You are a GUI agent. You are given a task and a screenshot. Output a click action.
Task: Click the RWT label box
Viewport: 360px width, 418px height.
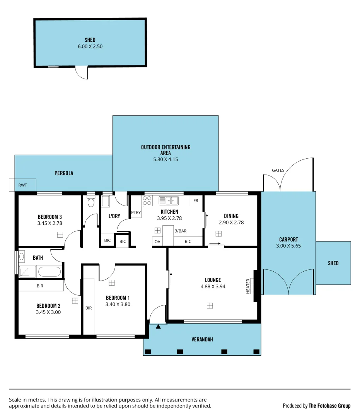click(x=22, y=185)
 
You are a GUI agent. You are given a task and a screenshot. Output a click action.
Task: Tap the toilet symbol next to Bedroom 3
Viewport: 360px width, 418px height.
click(x=91, y=202)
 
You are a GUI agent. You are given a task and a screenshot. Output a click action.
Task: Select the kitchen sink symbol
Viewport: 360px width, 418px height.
click(x=168, y=200)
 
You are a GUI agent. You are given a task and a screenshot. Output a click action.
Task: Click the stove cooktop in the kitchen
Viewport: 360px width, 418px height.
click(x=147, y=200)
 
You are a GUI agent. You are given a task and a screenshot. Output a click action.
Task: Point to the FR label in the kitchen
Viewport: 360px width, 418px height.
click(x=196, y=201)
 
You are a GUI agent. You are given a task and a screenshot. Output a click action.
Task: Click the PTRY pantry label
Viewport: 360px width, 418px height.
click(x=136, y=212)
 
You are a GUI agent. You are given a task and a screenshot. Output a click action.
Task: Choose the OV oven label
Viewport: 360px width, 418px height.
click(x=157, y=242)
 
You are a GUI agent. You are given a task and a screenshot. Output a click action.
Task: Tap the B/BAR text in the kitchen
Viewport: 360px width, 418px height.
click(x=181, y=231)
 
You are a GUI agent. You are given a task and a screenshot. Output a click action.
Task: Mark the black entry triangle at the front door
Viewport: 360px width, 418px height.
click(x=158, y=327)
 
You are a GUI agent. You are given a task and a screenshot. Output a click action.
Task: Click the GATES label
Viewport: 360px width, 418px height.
click(x=278, y=170)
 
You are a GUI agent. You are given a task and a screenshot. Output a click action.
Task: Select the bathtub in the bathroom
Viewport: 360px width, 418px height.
click(x=49, y=271)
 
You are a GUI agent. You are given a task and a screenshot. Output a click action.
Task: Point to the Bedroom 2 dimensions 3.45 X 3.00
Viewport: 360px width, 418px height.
click(x=48, y=312)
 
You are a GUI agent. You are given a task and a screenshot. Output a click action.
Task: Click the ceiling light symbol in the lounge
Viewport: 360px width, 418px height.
click(x=210, y=306)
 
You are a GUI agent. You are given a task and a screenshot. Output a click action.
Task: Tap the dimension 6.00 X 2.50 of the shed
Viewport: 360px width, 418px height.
click(x=90, y=46)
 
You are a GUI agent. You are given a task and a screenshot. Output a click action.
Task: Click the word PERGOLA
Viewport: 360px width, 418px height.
click(x=64, y=173)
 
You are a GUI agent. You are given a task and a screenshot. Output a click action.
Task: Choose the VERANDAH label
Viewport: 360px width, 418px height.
click(x=202, y=339)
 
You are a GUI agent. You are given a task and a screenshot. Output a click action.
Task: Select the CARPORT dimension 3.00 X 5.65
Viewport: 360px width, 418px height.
click(x=289, y=245)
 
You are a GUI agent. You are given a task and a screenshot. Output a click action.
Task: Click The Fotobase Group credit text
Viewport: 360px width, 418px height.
click(x=329, y=406)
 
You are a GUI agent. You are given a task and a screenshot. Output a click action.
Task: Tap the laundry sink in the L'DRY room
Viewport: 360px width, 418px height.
click(x=106, y=201)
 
